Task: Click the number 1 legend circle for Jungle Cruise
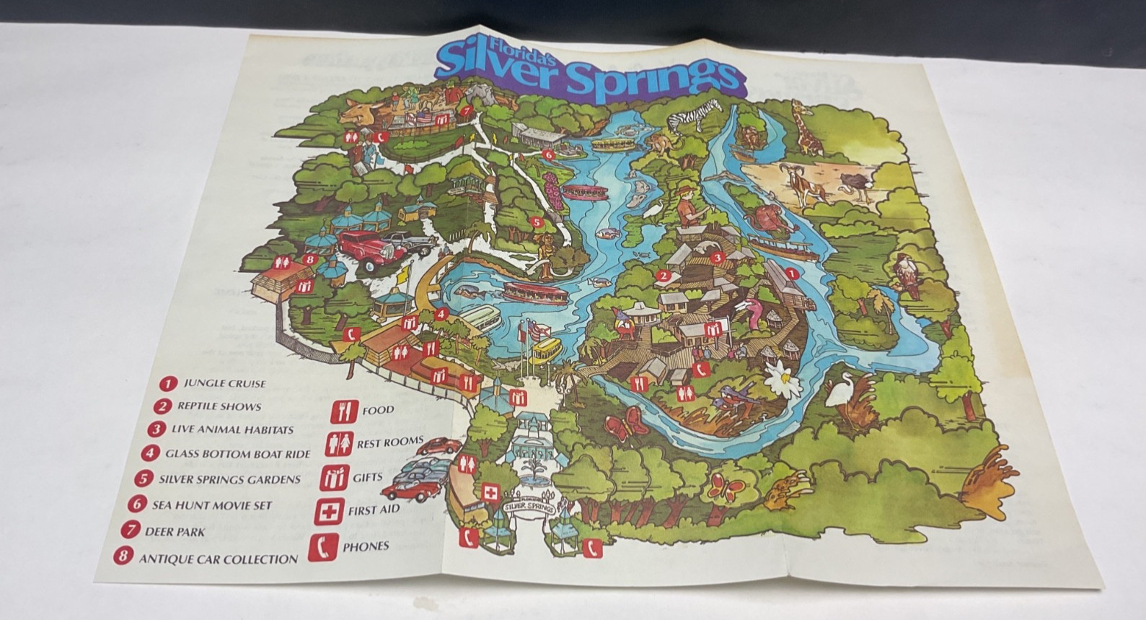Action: click(x=169, y=383)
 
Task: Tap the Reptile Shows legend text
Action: click(x=219, y=406)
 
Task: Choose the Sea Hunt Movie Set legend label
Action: click(x=212, y=505)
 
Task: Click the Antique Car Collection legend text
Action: click(x=218, y=559)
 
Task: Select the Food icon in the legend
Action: click(x=344, y=411)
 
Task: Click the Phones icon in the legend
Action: click(x=323, y=546)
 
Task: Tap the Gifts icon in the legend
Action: click(x=336, y=478)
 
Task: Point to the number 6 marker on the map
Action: click(x=547, y=154)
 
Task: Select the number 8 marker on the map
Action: click(x=309, y=259)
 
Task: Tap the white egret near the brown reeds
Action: click(x=839, y=394)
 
